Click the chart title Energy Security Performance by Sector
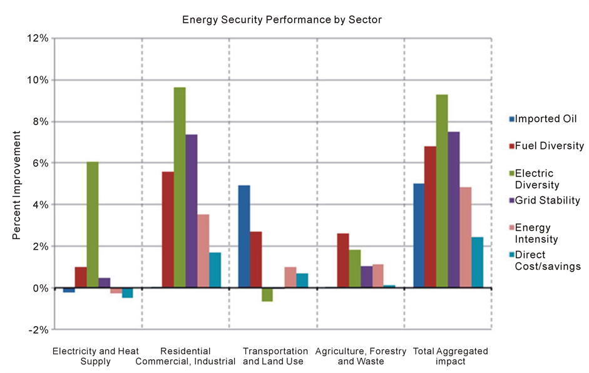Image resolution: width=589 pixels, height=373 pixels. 282,19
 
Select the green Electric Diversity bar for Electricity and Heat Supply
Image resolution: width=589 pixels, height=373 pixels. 92,225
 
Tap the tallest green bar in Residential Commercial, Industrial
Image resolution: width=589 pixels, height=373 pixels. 180,187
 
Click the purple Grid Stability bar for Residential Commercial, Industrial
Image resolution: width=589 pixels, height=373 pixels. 192,211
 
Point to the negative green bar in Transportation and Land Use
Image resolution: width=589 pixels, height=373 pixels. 267,295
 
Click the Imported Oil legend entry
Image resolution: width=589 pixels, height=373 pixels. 542,119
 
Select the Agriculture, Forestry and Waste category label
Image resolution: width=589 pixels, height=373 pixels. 361,356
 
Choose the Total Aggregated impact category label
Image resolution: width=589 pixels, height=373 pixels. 450,356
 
